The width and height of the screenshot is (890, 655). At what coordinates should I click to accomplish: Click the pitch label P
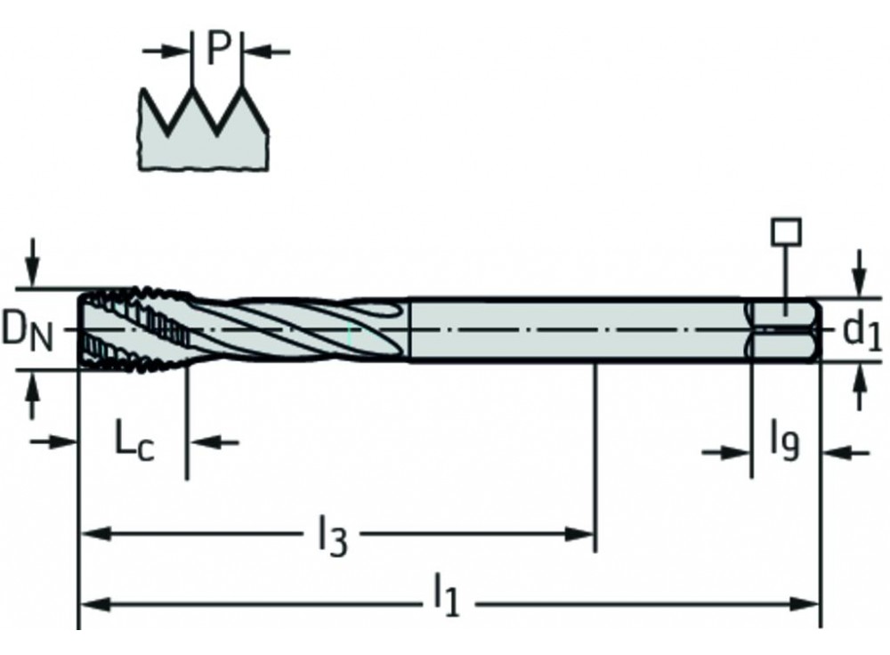pos(218,51)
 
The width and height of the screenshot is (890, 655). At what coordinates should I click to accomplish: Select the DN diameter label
pos(26,331)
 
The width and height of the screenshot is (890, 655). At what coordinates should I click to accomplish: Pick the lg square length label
pos(785,441)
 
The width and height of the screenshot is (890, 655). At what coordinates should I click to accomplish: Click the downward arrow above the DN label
pos(33,267)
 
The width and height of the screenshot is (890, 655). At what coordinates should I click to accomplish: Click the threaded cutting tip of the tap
pos(133,329)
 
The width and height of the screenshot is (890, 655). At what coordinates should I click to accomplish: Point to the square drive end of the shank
pos(783,330)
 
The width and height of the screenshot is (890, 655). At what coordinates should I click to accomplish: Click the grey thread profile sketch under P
pos(203,142)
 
